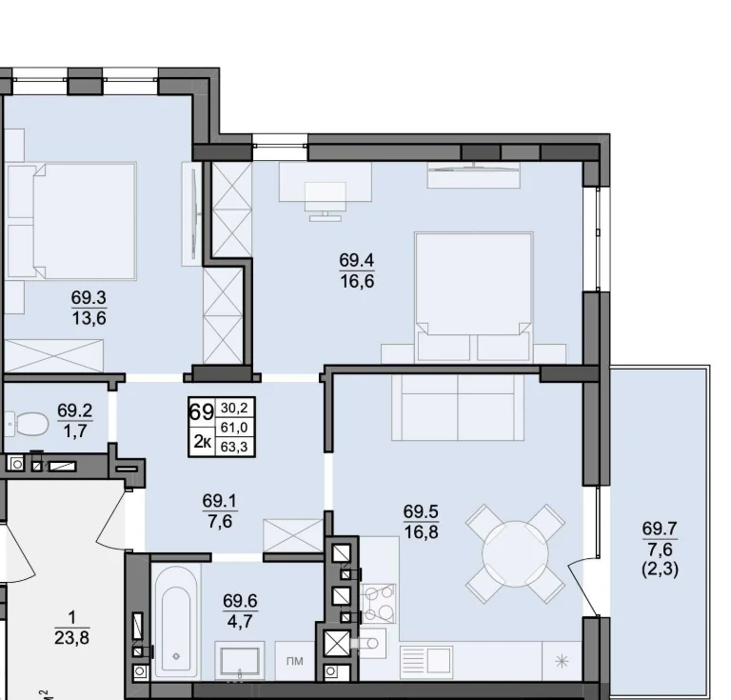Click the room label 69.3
coord(89,297)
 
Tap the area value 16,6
coord(357,282)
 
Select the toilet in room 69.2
coord(29,424)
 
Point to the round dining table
coord(515,554)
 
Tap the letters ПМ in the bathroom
coord(295,661)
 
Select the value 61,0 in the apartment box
coord(234,428)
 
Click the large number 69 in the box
coord(202,411)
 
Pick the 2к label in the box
coord(202,442)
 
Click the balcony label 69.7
coord(660,529)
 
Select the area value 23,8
coord(71,637)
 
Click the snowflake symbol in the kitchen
coord(563,661)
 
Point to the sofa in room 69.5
coord(458,408)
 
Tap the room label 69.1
coord(220,501)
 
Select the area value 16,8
coord(421,532)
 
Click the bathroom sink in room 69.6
coord(239,660)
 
